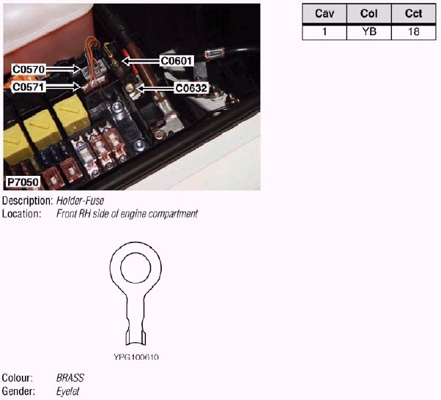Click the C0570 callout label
tap(29, 70)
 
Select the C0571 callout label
tap(29, 86)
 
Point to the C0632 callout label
tap(191, 88)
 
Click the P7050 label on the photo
tap(23, 182)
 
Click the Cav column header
tap(324, 14)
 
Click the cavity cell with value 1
tap(324, 32)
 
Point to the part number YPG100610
tap(136, 358)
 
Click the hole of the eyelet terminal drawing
tap(136, 267)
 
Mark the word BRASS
tap(70, 378)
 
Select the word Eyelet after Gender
tap(67, 392)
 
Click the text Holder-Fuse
tap(81, 201)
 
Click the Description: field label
tap(27, 201)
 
